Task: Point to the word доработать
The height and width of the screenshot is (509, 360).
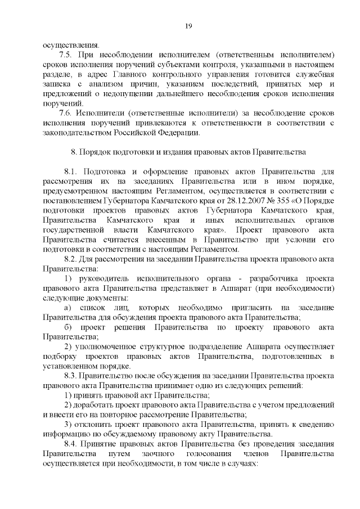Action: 93,404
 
